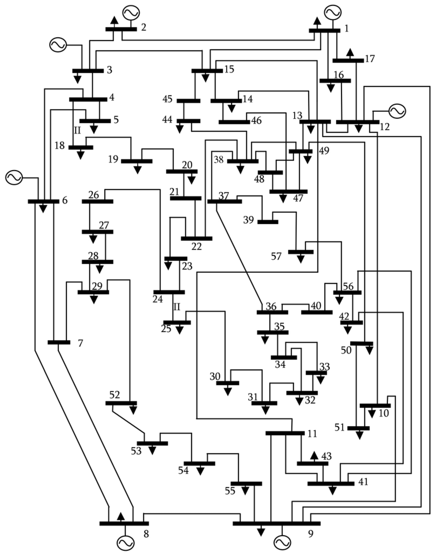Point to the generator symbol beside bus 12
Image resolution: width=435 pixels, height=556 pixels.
tap(397, 111)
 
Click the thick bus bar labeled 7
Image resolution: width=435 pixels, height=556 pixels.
tap(59, 342)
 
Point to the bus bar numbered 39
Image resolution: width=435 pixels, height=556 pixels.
tap(268, 222)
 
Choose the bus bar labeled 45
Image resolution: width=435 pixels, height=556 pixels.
tap(188, 101)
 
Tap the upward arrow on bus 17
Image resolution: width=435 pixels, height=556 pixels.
tap(350, 53)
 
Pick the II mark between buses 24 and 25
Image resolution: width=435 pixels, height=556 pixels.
tap(177, 307)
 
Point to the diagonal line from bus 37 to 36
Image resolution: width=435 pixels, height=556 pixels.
tap(239, 257)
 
